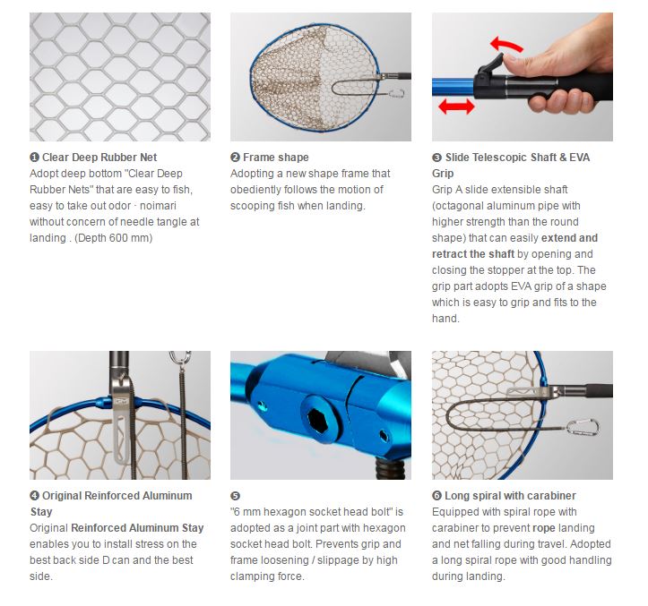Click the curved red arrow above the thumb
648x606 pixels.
(x=505, y=44)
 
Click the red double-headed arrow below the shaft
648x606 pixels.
(x=456, y=107)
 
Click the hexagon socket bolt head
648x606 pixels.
(x=318, y=421)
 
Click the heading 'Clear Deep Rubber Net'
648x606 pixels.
(x=99, y=158)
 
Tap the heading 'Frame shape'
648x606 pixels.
(x=276, y=158)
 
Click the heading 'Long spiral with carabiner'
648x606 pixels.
(x=510, y=496)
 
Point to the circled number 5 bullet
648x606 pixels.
(x=235, y=496)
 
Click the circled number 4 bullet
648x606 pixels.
(x=34, y=495)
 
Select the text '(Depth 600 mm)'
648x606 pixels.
(x=114, y=238)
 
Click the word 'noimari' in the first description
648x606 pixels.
(x=158, y=206)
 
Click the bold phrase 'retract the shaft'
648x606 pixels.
(x=473, y=254)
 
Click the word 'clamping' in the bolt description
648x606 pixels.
(x=252, y=576)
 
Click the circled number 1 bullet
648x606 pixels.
(x=34, y=158)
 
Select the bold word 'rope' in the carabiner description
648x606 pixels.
(x=544, y=528)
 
